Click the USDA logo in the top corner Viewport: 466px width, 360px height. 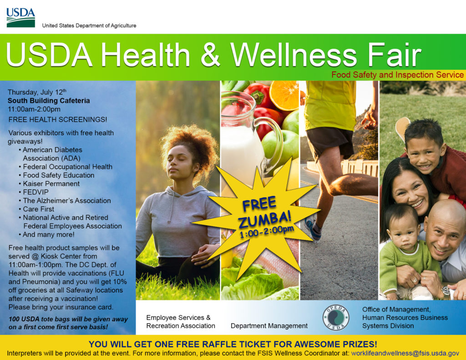coord(20,17)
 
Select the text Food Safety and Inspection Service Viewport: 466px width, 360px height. coord(397,75)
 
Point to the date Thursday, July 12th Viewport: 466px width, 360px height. coord(37,92)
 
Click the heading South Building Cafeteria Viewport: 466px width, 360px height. coord(49,101)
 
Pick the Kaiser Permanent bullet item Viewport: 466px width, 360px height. coord(51,183)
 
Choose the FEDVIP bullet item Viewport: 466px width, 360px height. coord(35,192)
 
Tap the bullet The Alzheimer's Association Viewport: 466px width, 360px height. coord(66,200)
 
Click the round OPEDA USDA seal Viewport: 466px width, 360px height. coord(335,317)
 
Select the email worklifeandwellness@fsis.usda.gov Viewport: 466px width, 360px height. coord(405,353)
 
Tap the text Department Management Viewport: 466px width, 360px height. coord(269,326)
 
